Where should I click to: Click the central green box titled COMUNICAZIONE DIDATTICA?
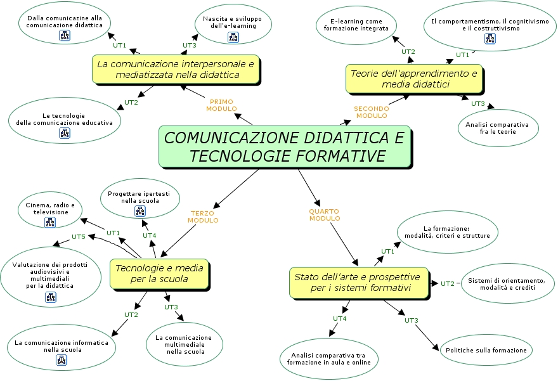[285, 146]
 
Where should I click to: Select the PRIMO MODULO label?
[221, 105]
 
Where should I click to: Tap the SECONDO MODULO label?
[371, 112]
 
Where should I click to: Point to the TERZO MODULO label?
[203, 217]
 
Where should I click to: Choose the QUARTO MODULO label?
[324, 215]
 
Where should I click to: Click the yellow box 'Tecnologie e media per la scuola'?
[160, 274]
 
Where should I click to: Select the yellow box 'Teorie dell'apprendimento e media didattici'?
[415, 79]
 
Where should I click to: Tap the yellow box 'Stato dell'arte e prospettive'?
[359, 283]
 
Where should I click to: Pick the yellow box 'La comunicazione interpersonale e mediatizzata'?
[176, 69]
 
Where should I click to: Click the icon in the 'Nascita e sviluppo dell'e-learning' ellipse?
[233, 37]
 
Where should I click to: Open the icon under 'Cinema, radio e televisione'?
[50, 223]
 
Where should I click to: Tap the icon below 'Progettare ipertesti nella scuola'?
[140, 211]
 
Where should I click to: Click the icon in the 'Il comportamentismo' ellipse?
[490, 39]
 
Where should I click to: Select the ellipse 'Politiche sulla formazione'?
[486, 350]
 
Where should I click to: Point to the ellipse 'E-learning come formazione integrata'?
[356, 25]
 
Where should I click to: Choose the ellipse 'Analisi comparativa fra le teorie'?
[498, 128]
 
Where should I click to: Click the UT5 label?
[78, 236]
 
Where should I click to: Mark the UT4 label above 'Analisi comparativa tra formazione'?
[339, 318]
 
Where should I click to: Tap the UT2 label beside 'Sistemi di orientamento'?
[448, 283]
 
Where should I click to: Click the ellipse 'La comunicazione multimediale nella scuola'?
[185, 344]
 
